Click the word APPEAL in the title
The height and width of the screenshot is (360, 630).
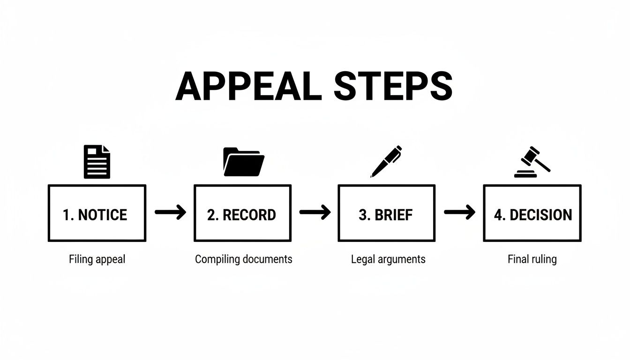coord(248,87)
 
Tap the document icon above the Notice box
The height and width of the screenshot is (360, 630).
coord(97,162)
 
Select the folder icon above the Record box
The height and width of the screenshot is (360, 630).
coord(244,162)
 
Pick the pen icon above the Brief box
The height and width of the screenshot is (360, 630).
coord(386,161)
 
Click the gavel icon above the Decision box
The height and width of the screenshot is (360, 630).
coord(532,162)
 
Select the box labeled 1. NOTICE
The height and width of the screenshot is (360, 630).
coord(97,213)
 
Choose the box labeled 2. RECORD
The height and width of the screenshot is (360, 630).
coord(242,213)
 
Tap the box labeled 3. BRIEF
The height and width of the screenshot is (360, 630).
coord(386,213)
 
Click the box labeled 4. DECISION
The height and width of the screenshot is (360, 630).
coord(532,213)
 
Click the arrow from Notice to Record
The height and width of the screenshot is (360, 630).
coord(170,213)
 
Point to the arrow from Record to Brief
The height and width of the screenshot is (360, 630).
coord(315,213)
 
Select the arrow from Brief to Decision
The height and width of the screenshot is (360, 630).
coord(459,213)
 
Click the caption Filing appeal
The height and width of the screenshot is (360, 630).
coord(97,259)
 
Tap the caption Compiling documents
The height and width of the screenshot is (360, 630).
coord(243,259)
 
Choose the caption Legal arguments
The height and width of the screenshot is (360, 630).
coord(388,259)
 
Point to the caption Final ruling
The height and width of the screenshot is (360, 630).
coord(532,259)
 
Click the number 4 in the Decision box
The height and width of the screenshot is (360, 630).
coord(498,215)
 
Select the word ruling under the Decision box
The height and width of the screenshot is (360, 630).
coord(544,260)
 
